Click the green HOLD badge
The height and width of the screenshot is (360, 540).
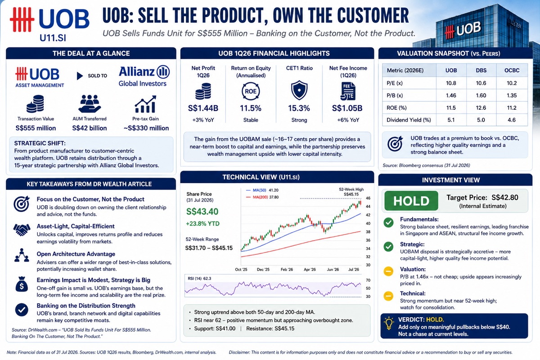pyautogui.click(x=411, y=201)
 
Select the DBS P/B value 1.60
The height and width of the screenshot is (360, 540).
pyautogui.click(x=481, y=95)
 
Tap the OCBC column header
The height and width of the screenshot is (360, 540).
pyautogui.click(x=512, y=70)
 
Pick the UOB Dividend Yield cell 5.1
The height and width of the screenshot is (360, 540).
pyautogui.click(x=451, y=120)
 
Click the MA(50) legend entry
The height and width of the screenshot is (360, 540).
pyautogui.click(x=262, y=190)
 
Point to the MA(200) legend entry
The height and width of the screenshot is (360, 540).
pyautogui.click(x=262, y=197)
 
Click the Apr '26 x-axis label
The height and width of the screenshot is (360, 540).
pyautogui.click(x=310, y=270)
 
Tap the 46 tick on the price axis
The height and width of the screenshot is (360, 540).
pyautogui.click(x=368, y=198)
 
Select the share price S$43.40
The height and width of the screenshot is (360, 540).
pyautogui.click(x=202, y=211)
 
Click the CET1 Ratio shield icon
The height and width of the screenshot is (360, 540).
pyautogui.click(x=299, y=90)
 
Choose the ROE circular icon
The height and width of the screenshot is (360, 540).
pyautogui.click(x=251, y=91)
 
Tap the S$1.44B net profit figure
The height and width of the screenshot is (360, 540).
pyautogui.click(x=203, y=108)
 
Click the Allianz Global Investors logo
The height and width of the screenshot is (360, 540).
pyautogui.click(x=144, y=76)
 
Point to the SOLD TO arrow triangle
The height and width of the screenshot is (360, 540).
pyautogui.click(x=80, y=76)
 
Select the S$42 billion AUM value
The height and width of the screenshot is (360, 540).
pyautogui.click(x=90, y=128)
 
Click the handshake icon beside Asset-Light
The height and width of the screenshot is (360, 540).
pyautogui.click(x=22, y=229)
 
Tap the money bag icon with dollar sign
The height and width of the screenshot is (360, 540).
pyautogui.click(x=22, y=284)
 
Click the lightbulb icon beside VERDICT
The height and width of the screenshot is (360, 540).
pyautogui.click(x=389, y=323)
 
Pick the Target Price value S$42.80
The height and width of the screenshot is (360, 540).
pyautogui.click(x=504, y=198)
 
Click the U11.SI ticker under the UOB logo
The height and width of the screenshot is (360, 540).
pyautogui.click(x=53, y=38)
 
